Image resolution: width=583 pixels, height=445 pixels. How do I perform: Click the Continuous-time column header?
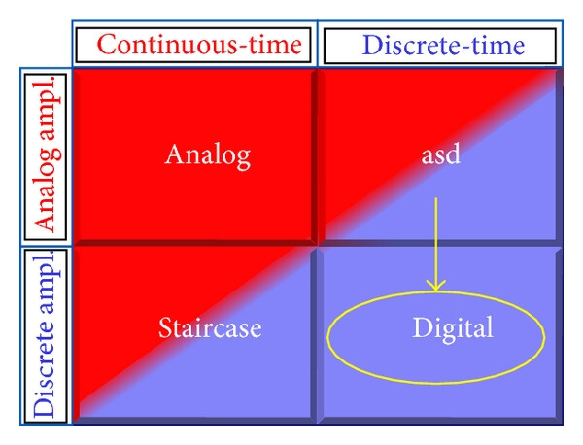[x=199, y=45]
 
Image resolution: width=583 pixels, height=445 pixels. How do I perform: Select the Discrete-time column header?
[x=443, y=46]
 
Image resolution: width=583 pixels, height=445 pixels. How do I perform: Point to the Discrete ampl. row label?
[x=46, y=334]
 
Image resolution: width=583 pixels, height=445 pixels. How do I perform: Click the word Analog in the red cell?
[x=208, y=156]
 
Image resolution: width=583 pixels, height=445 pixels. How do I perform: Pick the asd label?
[x=441, y=154]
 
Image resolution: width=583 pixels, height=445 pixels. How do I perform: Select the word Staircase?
[x=210, y=327]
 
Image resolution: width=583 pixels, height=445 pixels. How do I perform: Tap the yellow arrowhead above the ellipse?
[x=435, y=285]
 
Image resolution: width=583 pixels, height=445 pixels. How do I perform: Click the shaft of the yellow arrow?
[x=435, y=242]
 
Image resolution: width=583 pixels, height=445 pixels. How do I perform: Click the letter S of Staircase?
[x=165, y=327]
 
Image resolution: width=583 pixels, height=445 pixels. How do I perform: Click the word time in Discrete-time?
[x=498, y=46]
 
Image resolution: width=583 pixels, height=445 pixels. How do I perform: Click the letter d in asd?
[x=453, y=154]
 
